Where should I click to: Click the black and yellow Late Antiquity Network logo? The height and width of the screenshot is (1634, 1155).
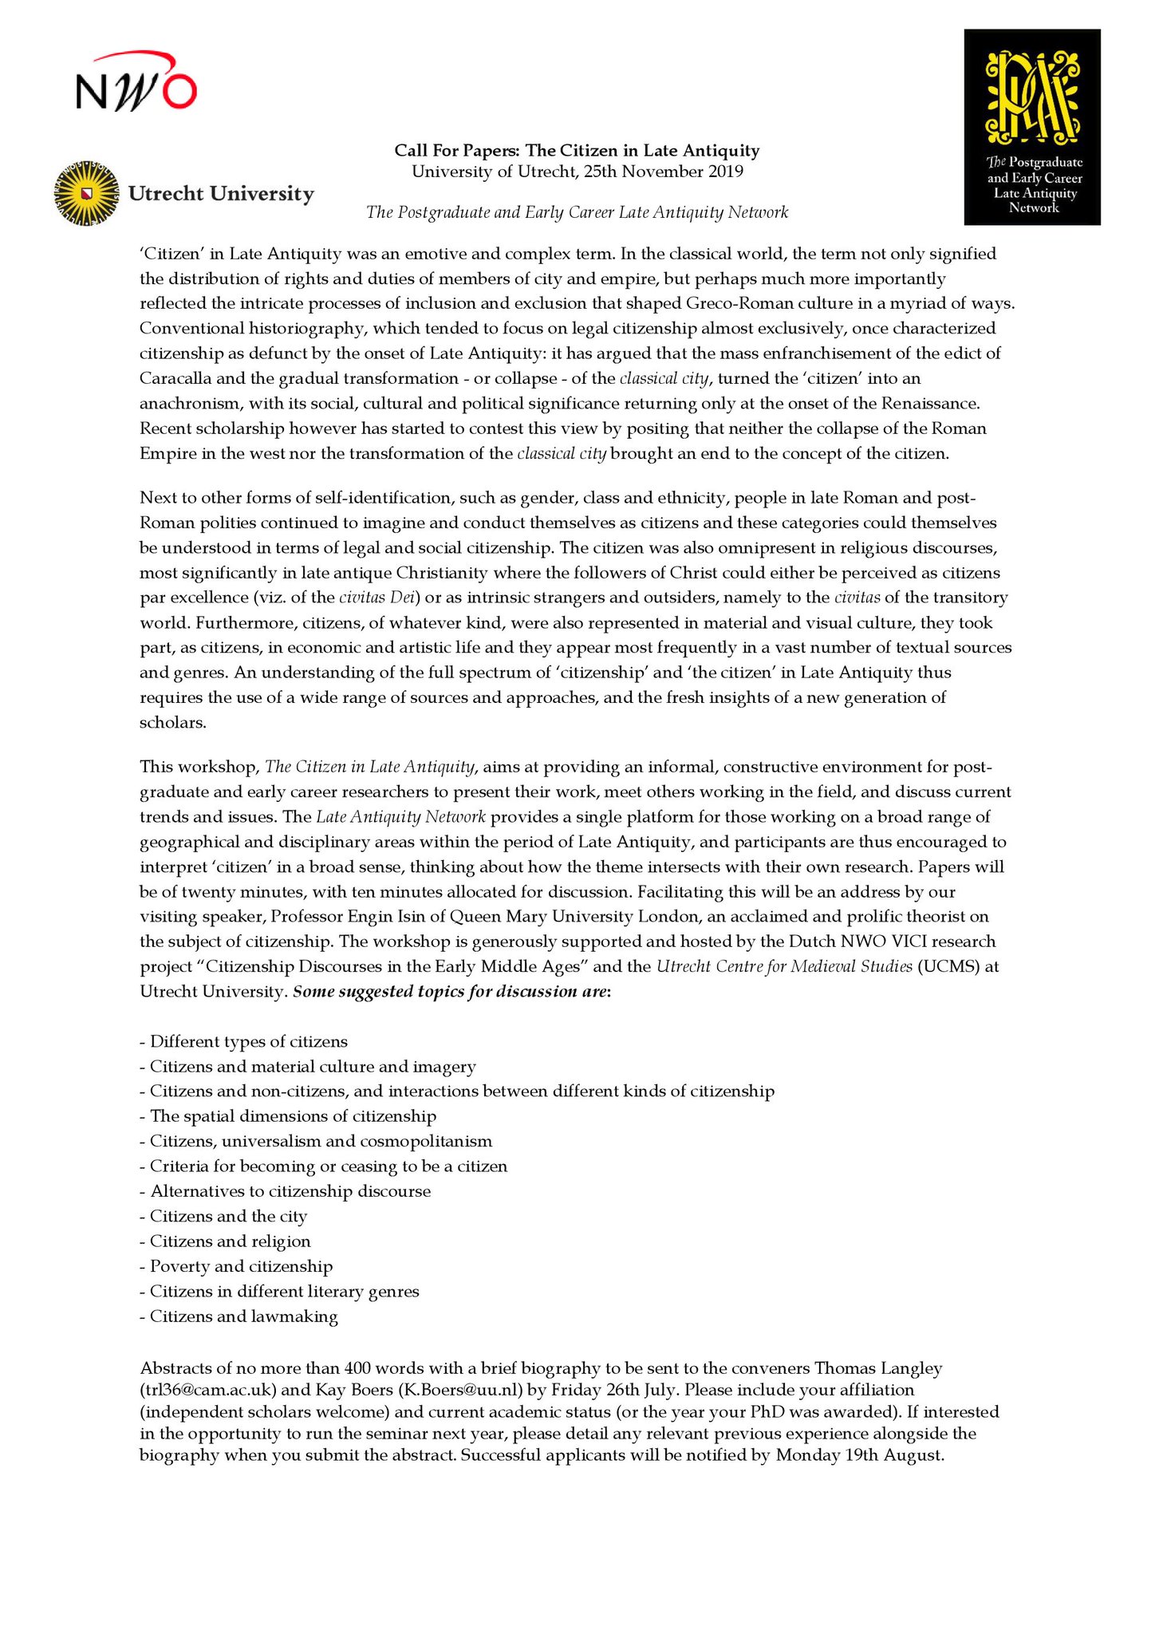(x=1032, y=128)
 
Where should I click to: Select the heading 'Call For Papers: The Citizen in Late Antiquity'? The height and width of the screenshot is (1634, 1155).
(x=577, y=150)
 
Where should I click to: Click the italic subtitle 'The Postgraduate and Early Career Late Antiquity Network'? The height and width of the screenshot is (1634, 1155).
(x=577, y=212)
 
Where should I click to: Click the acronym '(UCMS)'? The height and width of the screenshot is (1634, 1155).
(x=948, y=966)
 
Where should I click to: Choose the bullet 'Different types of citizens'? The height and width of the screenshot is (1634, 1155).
(x=248, y=1041)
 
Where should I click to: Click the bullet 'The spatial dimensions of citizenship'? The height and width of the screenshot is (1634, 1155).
(x=293, y=1116)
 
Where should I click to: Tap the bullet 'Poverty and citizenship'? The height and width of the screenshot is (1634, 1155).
(x=241, y=1266)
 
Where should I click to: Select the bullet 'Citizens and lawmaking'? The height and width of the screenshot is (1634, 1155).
(x=243, y=1316)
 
